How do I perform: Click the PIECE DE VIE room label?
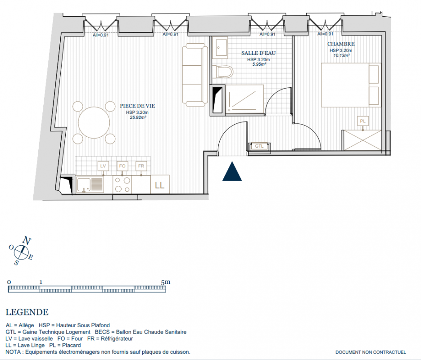(137, 106)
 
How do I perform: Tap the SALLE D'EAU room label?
(258, 53)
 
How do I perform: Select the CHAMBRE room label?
(341, 44)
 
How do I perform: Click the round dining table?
(94, 122)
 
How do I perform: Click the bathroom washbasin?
(221, 48)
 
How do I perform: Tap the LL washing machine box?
(160, 184)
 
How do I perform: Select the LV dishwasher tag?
(103, 166)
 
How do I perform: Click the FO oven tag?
(122, 166)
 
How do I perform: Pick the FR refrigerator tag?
(141, 166)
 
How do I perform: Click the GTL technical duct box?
(259, 146)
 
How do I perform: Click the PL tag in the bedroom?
(363, 121)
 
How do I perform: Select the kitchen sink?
(90, 184)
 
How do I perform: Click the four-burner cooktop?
(122, 184)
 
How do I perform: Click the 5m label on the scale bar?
(165, 282)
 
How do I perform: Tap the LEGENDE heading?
(27, 312)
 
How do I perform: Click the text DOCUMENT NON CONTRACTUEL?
(371, 352)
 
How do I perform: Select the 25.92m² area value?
(138, 117)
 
